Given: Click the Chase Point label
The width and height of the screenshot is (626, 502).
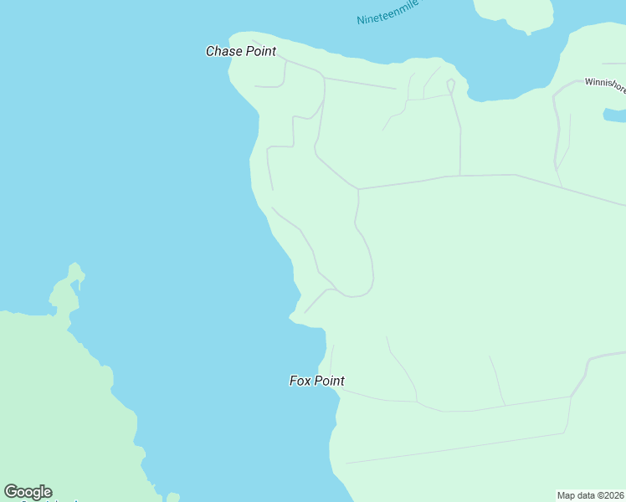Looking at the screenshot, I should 241,51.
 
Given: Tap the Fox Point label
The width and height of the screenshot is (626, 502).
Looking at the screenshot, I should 316,381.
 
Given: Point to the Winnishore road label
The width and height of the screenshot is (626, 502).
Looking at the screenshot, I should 604,83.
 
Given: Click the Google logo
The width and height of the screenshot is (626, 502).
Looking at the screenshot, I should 28,492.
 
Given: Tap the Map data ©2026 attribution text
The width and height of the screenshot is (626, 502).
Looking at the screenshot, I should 591,495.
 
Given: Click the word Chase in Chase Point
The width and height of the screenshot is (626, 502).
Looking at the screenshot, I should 223,51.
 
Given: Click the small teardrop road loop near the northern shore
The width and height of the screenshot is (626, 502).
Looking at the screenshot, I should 450,85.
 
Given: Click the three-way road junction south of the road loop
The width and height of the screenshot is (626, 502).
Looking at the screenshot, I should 459,176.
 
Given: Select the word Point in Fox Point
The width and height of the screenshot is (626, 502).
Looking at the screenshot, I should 329,381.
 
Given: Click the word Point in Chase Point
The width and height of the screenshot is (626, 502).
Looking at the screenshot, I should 260,51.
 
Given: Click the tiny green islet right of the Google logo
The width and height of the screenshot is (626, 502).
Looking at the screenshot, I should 172,497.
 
